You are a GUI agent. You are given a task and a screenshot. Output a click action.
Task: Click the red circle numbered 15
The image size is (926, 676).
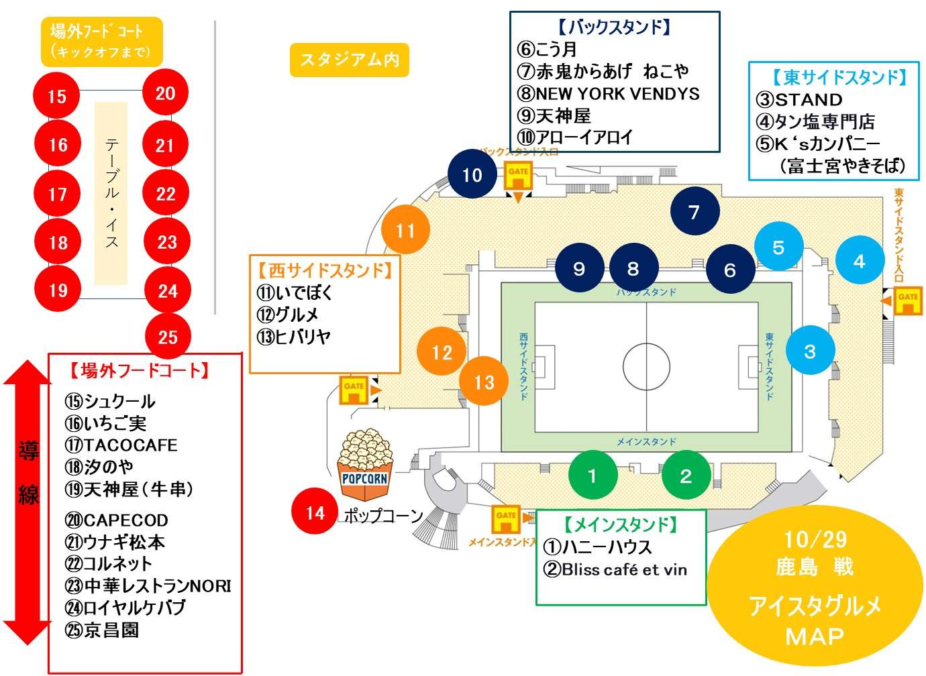pyautogui.click(x=56, y=96)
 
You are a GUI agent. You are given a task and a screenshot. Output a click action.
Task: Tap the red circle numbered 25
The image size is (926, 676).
pyautogui.click(x=168, y=337)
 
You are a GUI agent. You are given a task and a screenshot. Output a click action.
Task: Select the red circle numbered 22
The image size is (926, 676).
pyautogui.click(x=166, y=193)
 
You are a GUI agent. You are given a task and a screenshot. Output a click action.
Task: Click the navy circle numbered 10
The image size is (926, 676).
pyautogui.click(x=472, y=175)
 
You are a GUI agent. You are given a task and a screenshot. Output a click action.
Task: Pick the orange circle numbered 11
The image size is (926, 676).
pyautogui.click(x=405, y=231)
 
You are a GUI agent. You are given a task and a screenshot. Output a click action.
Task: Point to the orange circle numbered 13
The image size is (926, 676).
pyautogui.click(x=484, y=382)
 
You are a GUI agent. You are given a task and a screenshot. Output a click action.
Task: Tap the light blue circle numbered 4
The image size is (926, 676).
pyautogui.click(x=860, y=261)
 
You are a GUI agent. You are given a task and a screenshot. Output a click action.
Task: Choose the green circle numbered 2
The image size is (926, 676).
pyautogui.click(x=685, y=475)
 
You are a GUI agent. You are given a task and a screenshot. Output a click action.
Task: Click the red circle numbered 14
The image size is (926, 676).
pyautogui.click(x=315, y=513)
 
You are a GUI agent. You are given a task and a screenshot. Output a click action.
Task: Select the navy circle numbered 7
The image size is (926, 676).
pyautogui.click(x=694, y=212)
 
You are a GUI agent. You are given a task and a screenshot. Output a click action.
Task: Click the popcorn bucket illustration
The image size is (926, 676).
pyautogui.click(x=365, y=465)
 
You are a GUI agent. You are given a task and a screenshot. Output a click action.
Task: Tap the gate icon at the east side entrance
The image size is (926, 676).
pyautogui.click(x=907, y=300)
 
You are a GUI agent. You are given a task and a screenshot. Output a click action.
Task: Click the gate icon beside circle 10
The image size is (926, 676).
pyautogui.click(x=517, y=176)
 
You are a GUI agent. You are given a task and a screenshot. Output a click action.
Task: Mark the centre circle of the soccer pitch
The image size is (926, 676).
pyautogui.click(x=646, y=367)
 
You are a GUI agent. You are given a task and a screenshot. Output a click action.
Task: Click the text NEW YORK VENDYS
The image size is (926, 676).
pyautogui.click(x=617, y=93)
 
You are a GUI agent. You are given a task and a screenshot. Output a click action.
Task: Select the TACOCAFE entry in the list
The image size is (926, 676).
pyautogui.click(x=130, y=445)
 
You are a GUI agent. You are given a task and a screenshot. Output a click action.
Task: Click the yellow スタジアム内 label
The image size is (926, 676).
pyautogui.click(x=349, y=60)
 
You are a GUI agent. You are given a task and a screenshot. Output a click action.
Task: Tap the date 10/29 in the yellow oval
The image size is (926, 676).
pyautogui.click(x=815, y=540)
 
